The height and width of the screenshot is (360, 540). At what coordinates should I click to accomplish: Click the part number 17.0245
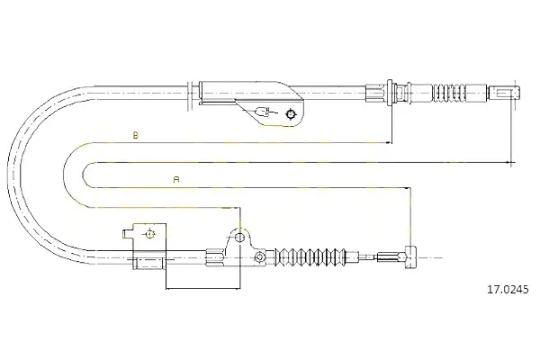point(508,290)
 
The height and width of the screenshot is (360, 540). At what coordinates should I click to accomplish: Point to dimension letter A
point(176,179)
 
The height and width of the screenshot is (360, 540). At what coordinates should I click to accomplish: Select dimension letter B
point(136,135)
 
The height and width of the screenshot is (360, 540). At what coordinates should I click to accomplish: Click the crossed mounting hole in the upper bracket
point(291,113)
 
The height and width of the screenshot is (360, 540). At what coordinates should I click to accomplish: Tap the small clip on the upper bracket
point(263,112)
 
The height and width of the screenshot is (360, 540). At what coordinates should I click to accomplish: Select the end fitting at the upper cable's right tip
point(504,93)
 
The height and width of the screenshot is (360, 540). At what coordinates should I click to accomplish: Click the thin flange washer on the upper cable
point(390,93)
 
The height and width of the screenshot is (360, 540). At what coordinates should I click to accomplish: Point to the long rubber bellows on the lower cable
point(311,257)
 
